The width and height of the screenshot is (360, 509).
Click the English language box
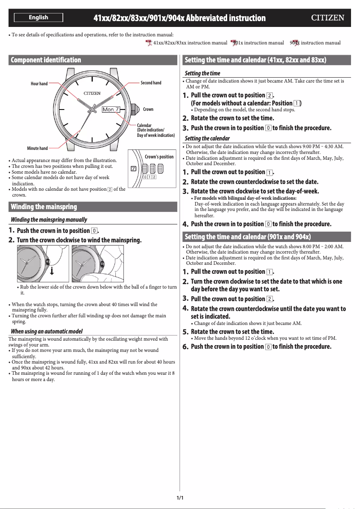[x=38, y=18]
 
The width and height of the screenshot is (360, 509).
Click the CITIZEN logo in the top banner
[x=328, y=18]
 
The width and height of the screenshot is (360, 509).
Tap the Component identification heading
[x=46, y=60]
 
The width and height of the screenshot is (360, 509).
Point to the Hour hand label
[x=39, y=84]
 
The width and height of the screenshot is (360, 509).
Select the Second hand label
[x=151, y=83]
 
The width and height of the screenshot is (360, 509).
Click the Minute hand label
[x=38, y=149]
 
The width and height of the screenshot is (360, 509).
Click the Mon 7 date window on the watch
[x=111, y=110]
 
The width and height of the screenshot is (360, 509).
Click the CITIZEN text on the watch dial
[x=92, y=93]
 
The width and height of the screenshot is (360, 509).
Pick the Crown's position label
[x=159, y=157]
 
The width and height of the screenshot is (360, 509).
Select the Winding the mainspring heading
[x=44, y=207]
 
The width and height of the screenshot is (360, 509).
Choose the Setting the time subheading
[x=202, y=73]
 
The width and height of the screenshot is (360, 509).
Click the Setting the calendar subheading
[x=207, y=138]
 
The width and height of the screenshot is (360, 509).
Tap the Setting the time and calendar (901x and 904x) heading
[x=248, y=237]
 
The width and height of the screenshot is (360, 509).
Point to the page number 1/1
[x=180, y=498]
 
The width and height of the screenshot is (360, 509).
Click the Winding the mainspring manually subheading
[x=49, y=219]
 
